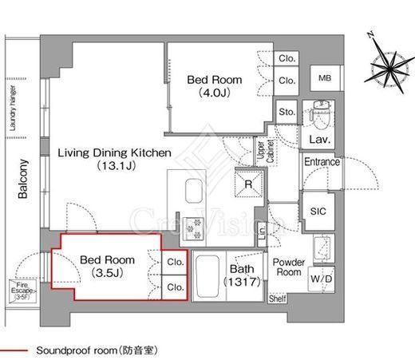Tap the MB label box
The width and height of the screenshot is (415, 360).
point(325,78)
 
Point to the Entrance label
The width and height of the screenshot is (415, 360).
point(322,163)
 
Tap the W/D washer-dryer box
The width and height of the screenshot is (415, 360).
point(322,279)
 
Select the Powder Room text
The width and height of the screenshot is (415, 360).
point(287,267)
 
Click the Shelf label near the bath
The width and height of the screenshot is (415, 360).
point(277,299)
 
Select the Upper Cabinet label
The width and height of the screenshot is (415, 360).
point(260,152)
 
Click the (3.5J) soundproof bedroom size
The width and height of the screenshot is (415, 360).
point(106,273)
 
